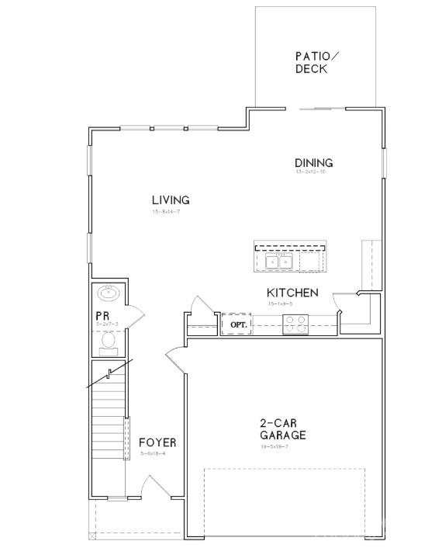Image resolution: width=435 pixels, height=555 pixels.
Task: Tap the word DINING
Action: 313,163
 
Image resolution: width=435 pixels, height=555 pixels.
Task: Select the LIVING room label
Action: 171,200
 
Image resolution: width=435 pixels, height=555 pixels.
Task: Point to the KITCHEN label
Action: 292,293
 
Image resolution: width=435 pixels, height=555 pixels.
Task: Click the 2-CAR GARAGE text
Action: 282,429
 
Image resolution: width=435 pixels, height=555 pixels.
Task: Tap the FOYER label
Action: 157,443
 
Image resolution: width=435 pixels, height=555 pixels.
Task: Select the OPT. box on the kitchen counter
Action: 236,324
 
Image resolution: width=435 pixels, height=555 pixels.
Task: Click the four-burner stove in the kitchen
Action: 295,324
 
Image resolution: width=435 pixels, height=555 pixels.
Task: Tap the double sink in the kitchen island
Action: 278,262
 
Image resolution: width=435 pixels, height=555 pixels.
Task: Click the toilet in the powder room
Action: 109,339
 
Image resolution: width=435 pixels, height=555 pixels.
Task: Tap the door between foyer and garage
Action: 174,361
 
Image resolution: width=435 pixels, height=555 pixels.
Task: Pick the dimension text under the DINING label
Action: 313,172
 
